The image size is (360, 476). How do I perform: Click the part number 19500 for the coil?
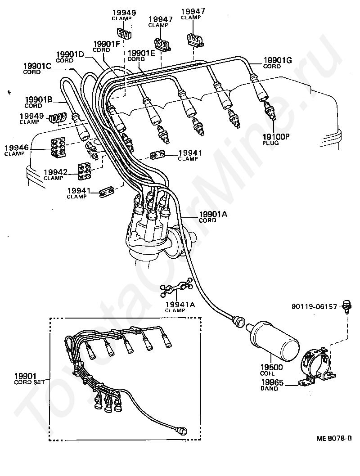271,367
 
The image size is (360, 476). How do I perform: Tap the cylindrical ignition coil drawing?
272,338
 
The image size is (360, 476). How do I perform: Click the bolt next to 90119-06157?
346,306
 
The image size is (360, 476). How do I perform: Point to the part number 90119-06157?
314,306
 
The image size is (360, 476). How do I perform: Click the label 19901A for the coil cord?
213,214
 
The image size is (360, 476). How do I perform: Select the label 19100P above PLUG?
276,137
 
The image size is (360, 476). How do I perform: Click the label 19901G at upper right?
278,60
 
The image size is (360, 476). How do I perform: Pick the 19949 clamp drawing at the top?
124,33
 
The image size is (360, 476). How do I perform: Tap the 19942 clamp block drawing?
85,171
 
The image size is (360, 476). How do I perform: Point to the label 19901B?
39,99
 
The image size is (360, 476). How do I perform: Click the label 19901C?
37,66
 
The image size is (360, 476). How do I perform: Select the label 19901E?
141,53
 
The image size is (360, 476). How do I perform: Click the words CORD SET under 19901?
29,382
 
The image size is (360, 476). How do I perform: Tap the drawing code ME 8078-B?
334,438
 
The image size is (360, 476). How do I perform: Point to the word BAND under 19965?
270,388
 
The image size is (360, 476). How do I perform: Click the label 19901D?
70,54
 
